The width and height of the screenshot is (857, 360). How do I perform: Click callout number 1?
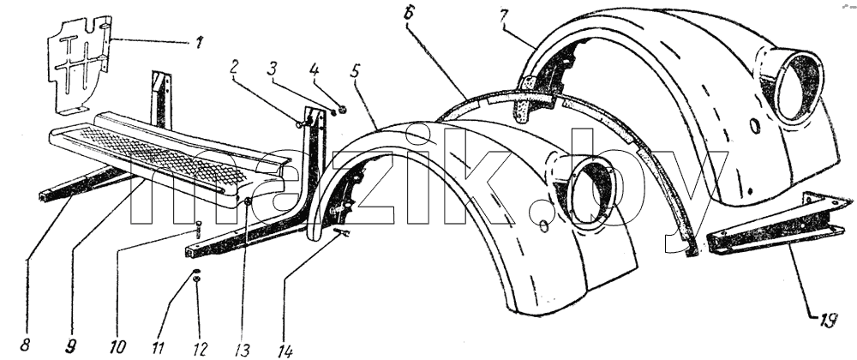pos(200,43)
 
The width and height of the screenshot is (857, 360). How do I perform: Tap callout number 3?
pos(273,69)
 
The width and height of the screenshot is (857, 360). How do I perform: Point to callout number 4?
pos(313,70)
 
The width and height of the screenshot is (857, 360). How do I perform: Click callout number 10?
pos(117,347)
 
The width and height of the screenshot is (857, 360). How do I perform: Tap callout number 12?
pos(200,347)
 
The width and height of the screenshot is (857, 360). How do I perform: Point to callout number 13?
pos(243,349)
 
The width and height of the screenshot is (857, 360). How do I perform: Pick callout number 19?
pos(827,321)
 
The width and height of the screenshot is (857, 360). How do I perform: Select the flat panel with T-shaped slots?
pos(79,64)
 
